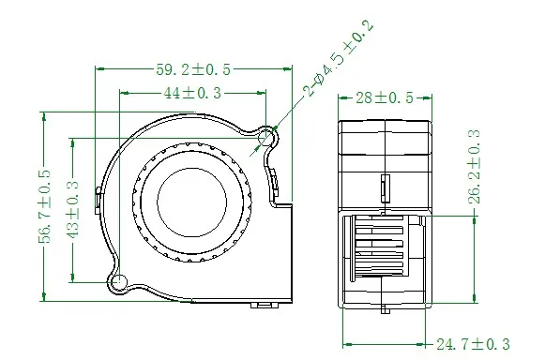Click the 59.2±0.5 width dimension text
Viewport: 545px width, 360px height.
pyautogui.click(x=193, y=70)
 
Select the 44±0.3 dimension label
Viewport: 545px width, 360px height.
pyautogui.click(x=192, y=93)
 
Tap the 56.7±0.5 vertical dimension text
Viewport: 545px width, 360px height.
pyautogui.click(x=45, y=206)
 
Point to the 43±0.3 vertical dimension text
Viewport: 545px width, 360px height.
pyautogui.click(x=72, y=210)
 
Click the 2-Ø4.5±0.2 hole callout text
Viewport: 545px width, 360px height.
pyautogui.click(x=339, y=58)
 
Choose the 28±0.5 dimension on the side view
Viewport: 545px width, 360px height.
pyautogui.click(x=385, y=98)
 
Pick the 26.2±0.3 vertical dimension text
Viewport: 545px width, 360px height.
pyautogui.click(x=475, y=167)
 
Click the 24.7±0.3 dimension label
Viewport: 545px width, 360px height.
pyautogui.click(x=473, y=344)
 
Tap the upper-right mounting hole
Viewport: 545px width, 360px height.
pyautogui.click(x=265, y=136)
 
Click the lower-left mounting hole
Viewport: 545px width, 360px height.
pyautogui.click(x=119, y=280)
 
